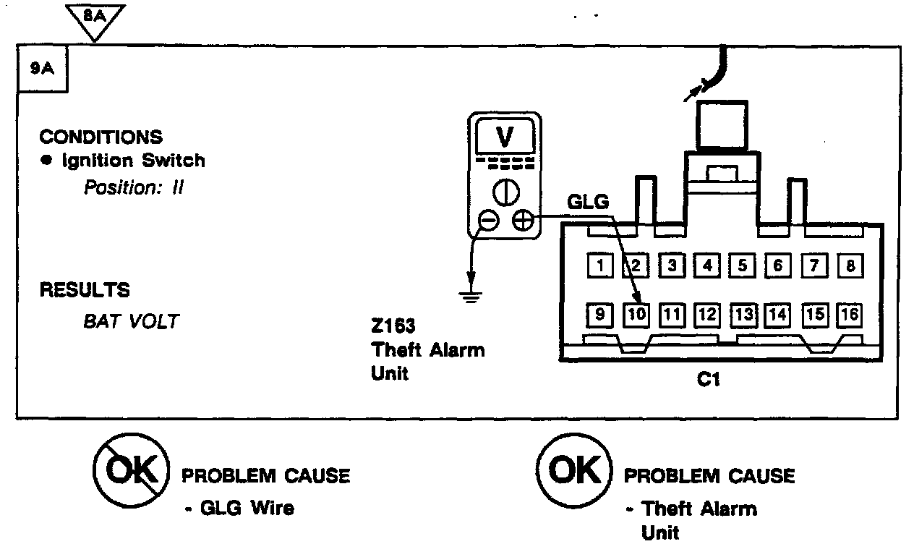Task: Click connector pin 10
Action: point(636,315)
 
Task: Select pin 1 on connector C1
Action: point(600,265)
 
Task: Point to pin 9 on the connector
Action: point(600,315)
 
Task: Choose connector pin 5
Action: point(742,265)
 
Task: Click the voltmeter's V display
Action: point(505,135)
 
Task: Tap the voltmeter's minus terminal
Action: point(489,221)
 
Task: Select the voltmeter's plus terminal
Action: point(522,221)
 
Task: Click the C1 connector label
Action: point(708,378)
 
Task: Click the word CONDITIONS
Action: point(101,137)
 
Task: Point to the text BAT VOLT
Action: point(131,321)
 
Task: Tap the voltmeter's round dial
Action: point(505,192)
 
